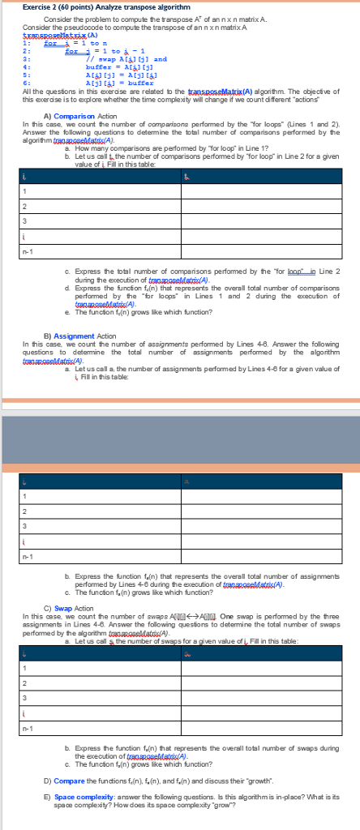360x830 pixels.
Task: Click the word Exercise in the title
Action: [37, 7]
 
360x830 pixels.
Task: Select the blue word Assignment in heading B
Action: [76, 357]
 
